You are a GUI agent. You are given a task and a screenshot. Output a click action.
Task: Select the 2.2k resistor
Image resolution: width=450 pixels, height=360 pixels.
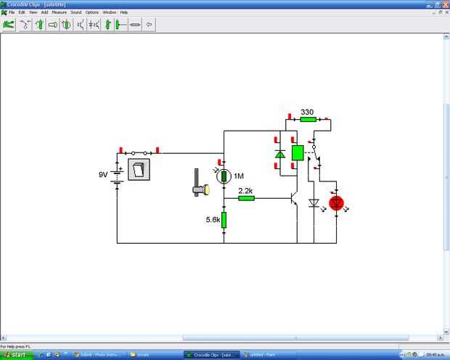[x=246, y=197]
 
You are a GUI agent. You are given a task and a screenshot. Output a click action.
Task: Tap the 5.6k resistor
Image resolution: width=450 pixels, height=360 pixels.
[x=224, y=219]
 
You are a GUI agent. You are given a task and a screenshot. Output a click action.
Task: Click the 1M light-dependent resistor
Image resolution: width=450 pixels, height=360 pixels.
[x=224, y=176]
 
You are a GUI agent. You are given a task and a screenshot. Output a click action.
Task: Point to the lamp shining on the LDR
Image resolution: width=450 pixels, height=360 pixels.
[x=200, y=190]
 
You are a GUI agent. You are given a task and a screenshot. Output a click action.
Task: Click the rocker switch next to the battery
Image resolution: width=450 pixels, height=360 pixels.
[x=139, y=170]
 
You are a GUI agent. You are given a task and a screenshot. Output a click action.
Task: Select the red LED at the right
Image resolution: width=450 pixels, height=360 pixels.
[x=336, y=203]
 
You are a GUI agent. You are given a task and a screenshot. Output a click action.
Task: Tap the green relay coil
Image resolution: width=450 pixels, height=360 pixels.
[x=297, y=152]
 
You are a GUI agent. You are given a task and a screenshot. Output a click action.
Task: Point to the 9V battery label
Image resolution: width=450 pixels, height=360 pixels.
[x=103, y=175]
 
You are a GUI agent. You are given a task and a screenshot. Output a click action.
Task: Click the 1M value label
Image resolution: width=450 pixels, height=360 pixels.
[x=239, y=176]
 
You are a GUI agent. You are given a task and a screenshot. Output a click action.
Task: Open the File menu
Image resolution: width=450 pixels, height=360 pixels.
[x=12, y=12]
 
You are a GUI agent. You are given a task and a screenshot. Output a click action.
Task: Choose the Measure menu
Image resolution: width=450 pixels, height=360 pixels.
[x=59, y=12]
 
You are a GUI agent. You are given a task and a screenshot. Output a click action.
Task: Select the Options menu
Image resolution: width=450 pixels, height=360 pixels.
[x=92, y=12]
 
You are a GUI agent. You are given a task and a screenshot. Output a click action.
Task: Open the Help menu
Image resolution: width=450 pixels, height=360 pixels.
[x=124, y=12]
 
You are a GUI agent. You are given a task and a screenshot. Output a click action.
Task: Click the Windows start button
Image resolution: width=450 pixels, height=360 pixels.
[x=16, y=355]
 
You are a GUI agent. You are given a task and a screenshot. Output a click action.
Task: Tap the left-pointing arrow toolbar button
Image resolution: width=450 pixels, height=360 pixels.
[x=150, y=24]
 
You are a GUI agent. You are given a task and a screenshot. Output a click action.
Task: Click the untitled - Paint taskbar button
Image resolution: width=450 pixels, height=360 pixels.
[x=263, y=355]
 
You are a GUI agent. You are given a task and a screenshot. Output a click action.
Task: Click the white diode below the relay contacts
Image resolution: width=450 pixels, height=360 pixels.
[x=314, y=204]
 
